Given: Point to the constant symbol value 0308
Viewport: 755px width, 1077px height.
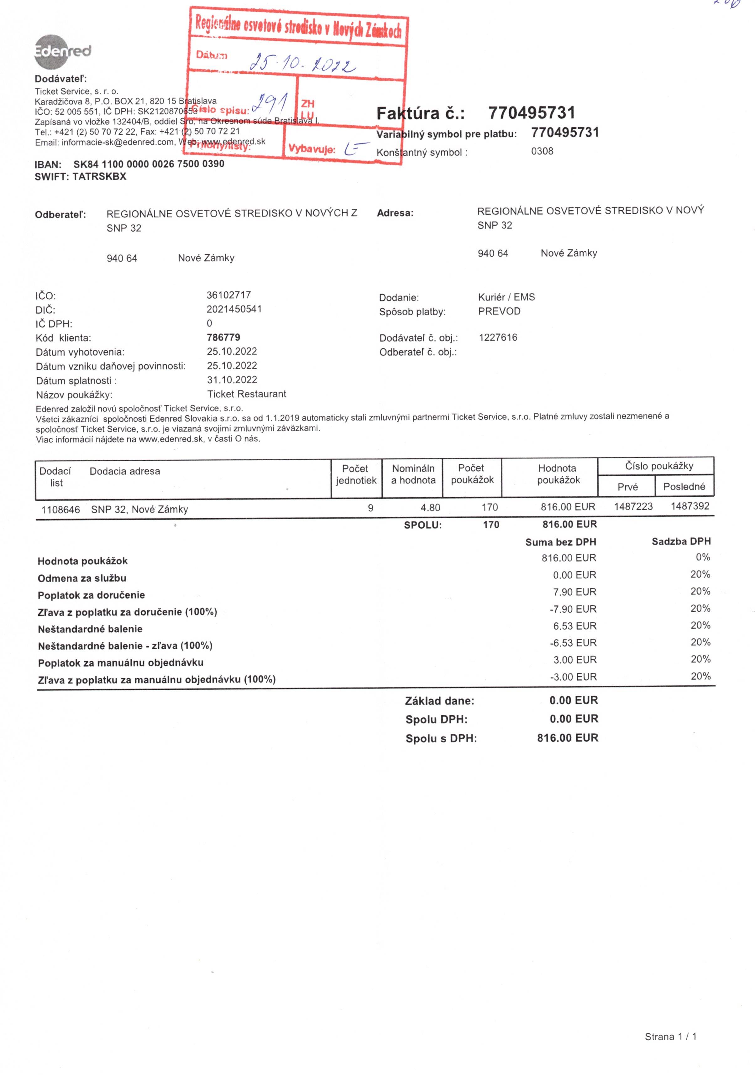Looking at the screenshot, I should (x=542, y=151).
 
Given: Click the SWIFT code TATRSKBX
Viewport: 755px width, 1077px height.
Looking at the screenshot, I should (x=99, y=177).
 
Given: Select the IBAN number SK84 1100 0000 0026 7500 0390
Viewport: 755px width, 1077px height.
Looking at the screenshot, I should (x=149, y=164).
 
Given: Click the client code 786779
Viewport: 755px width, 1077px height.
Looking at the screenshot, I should (x=223, y=337).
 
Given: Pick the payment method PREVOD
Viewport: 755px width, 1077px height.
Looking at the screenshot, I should (x=499, y=311).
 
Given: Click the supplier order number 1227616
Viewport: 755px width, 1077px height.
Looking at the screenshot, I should (x=498, y=337).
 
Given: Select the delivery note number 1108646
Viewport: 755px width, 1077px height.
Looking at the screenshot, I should (x=60, y=510).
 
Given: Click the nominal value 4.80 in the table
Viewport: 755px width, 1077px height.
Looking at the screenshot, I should (x=430, y=508).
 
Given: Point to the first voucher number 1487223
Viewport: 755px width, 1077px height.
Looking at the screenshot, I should (x=633, y=507).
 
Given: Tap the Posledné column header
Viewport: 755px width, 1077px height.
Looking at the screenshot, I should (x=684, y=486).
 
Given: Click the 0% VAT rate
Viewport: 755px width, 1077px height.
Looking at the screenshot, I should (x=702, y=557).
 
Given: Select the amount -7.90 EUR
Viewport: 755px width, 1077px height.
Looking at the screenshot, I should (x=573, y=609).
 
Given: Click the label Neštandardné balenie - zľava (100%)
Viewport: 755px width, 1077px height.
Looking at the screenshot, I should (x=125, y=646).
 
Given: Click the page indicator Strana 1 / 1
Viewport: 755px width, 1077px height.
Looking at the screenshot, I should (x=670, y=1037).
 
